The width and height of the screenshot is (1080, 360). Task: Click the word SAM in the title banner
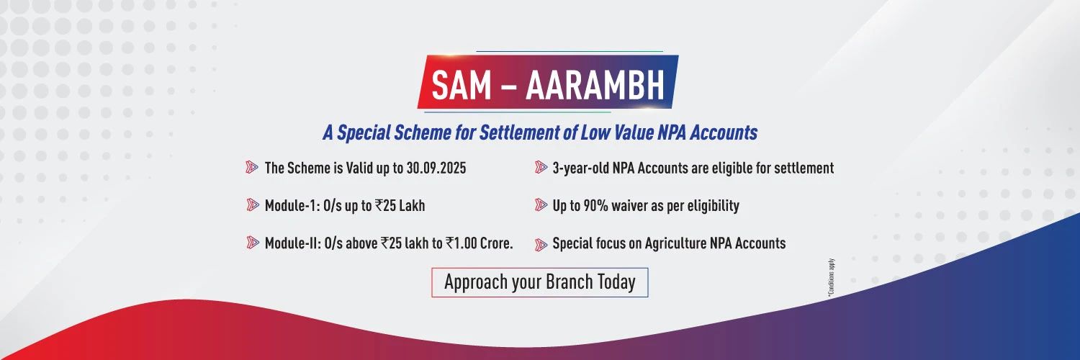click(x=461, y=85)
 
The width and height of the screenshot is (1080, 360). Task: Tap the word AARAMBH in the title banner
click(x=595, y=85)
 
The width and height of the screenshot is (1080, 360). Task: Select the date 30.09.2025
click(x=436, y=168)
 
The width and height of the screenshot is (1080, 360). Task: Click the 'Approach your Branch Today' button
click(x=539, y=282)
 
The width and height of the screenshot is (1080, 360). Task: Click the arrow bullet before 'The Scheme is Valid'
click(x=252, y=167)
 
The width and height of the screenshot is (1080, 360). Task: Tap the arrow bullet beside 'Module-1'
click(x=252, y=204)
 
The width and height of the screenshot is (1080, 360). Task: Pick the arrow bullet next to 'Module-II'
click(x=252, y=243)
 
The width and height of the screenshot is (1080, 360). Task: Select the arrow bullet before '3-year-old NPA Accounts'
click(x=541, y=167)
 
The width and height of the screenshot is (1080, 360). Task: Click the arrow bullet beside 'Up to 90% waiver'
click(x=541, y=204)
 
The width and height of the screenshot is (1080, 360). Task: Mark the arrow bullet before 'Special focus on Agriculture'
click(x=541, y=245)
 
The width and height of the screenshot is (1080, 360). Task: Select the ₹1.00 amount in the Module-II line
click(x=462, y=243)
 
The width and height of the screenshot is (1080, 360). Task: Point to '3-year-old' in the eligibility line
click(x=580, y=168)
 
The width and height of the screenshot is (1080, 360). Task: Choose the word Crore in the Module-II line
click(x=496, y=243)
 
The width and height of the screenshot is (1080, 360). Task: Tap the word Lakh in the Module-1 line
click(x=412, y=206)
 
